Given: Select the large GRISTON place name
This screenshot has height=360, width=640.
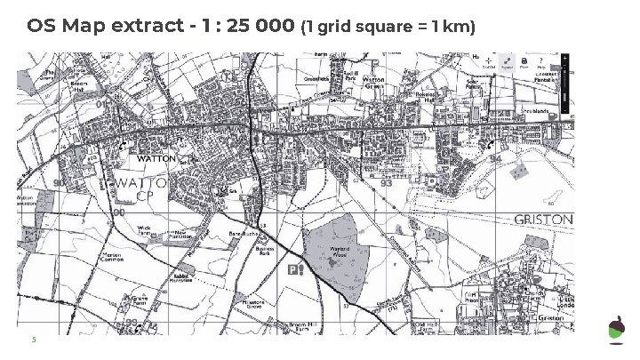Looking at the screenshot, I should (544, 219).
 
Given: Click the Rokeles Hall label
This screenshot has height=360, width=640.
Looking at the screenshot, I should (422, 98).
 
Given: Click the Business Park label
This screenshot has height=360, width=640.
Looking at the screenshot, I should (264, 253).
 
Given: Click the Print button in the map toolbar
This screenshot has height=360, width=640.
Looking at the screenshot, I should (524, 61).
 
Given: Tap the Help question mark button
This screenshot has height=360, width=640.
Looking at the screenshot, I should (541, 61).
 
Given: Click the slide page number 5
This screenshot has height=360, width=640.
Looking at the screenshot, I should (34, 338).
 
